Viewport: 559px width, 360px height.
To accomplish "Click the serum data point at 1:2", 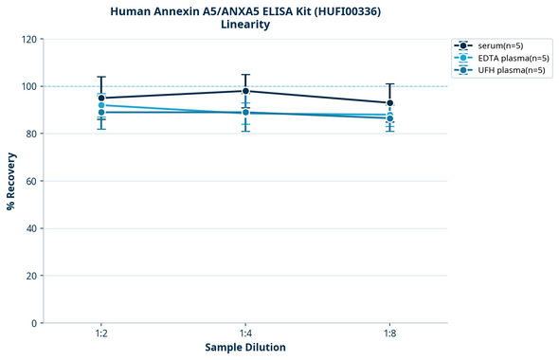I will tap(101, 98).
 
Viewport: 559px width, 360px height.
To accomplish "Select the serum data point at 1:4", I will tap(245, 91).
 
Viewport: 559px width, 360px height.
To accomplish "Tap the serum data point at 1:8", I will tap(390, 102).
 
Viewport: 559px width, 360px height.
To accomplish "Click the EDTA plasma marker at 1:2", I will tap(101, 105).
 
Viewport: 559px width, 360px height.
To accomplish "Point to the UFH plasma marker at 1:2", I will tap(101, 113).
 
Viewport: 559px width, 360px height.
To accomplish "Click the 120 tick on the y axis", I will tap(28, 39).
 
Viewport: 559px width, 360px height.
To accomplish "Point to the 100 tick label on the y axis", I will tap(28, 86).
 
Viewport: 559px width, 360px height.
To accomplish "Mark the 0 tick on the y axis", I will tap(34, 323).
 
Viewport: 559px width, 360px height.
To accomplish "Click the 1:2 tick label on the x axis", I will tap(101, 334).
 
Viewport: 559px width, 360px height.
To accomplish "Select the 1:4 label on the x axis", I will tap(245, 334).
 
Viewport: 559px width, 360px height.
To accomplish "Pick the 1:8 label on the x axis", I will tap(390, 334).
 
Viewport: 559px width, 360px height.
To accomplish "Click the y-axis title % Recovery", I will tap(11, 180).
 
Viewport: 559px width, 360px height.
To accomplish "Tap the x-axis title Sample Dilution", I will tap(245, 348).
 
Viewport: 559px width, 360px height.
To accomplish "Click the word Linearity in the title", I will tap(244, 25).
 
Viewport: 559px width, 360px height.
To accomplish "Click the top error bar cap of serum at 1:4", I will tap(245, 75).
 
